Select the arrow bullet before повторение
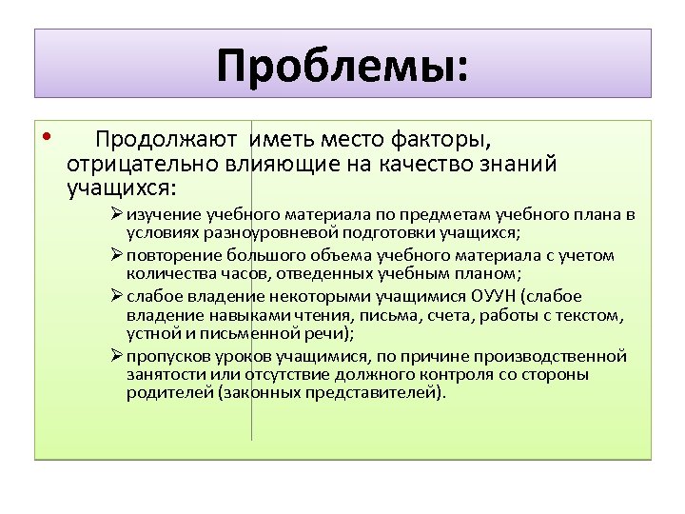pos(116,255)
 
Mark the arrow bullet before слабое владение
pos(116,296)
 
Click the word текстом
pos(592,314)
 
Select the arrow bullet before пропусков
pos(116,356)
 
